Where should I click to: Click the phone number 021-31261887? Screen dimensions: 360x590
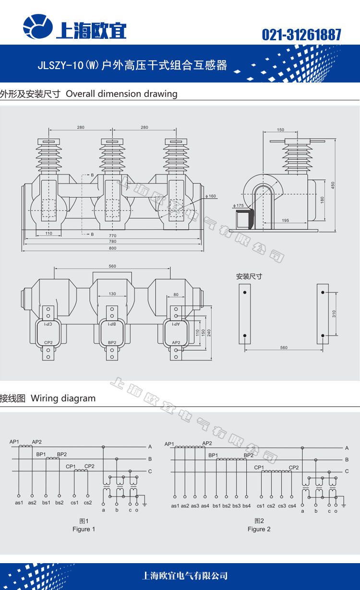(301, 35)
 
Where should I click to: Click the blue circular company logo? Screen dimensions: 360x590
(38, 26)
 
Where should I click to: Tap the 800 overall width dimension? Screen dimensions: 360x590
(112, 248)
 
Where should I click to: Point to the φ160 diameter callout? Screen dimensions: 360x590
(211, 196)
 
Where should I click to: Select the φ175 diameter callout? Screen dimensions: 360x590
(238, 205)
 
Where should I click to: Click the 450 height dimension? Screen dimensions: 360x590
(333, 185)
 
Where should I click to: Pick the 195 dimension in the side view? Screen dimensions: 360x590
(286, 221)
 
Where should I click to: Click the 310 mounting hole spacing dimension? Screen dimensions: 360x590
(334, 314)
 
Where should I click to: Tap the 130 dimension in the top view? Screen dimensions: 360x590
(112, 294)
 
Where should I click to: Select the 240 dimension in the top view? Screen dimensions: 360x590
(209, 333)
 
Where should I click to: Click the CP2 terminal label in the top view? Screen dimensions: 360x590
(48, 342)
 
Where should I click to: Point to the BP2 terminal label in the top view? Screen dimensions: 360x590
(112, 342)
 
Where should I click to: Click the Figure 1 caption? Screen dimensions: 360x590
(84, 529)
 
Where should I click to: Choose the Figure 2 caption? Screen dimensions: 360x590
(259, 529)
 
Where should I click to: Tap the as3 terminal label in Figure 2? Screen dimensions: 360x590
(195, 506)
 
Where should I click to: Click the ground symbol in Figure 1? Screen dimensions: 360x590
(144, 505)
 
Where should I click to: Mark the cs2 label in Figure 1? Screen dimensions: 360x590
(88, 503)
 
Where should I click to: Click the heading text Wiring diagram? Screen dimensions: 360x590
(63, 398)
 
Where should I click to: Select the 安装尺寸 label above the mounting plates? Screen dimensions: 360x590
(249, 276)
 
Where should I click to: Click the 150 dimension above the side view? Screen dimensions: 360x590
(280, 130)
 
